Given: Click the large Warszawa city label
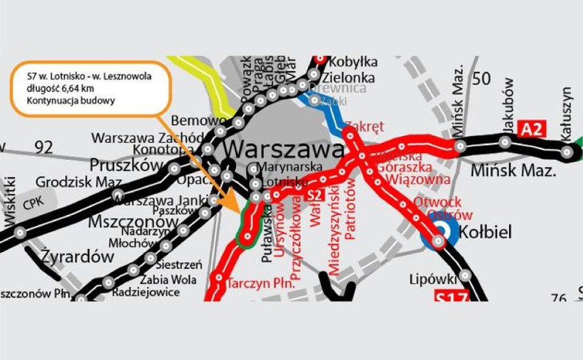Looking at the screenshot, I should [282, 149].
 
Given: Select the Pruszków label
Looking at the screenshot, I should [123, 164].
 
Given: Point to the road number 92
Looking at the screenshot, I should [44, 146].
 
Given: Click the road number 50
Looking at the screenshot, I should [482, 79].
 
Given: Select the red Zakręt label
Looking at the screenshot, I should [364, 126].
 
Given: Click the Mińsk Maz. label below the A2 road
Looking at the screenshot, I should [513, 172].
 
